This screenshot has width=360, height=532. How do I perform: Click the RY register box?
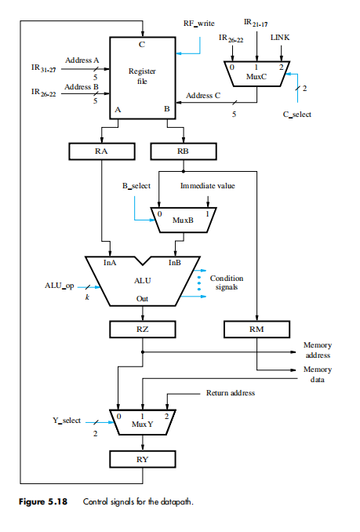142,459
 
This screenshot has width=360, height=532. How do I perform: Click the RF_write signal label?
199,24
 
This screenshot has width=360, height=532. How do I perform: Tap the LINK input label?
279,37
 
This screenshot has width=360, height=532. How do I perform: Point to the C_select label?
296,115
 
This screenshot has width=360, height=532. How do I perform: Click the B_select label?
135,187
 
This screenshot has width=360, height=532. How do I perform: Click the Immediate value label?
208,187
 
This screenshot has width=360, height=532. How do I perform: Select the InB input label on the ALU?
174,263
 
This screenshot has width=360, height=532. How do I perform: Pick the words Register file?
142,75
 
